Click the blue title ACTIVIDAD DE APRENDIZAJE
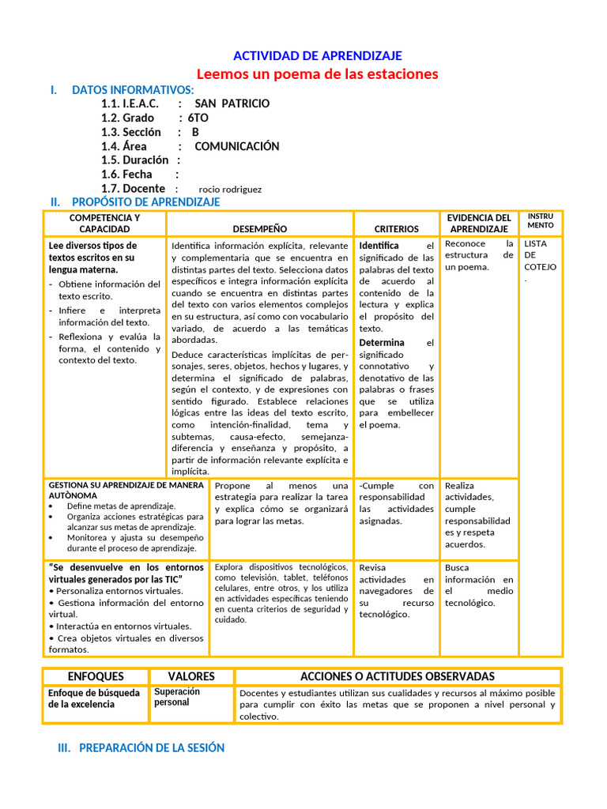317,55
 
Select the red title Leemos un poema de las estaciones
317,73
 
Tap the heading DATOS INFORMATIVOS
133,89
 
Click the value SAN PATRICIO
232,103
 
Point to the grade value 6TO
198,118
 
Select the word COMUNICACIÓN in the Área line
237,146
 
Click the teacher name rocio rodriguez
230,190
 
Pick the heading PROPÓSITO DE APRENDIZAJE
145,202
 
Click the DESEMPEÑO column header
260,228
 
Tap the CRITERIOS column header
396,228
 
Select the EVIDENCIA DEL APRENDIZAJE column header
479,223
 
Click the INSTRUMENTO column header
541,220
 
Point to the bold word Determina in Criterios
382,343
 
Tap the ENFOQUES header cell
96,676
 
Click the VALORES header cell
191,676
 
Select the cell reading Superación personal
177,697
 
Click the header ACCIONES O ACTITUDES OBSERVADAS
398,676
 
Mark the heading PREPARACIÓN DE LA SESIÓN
152,747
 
